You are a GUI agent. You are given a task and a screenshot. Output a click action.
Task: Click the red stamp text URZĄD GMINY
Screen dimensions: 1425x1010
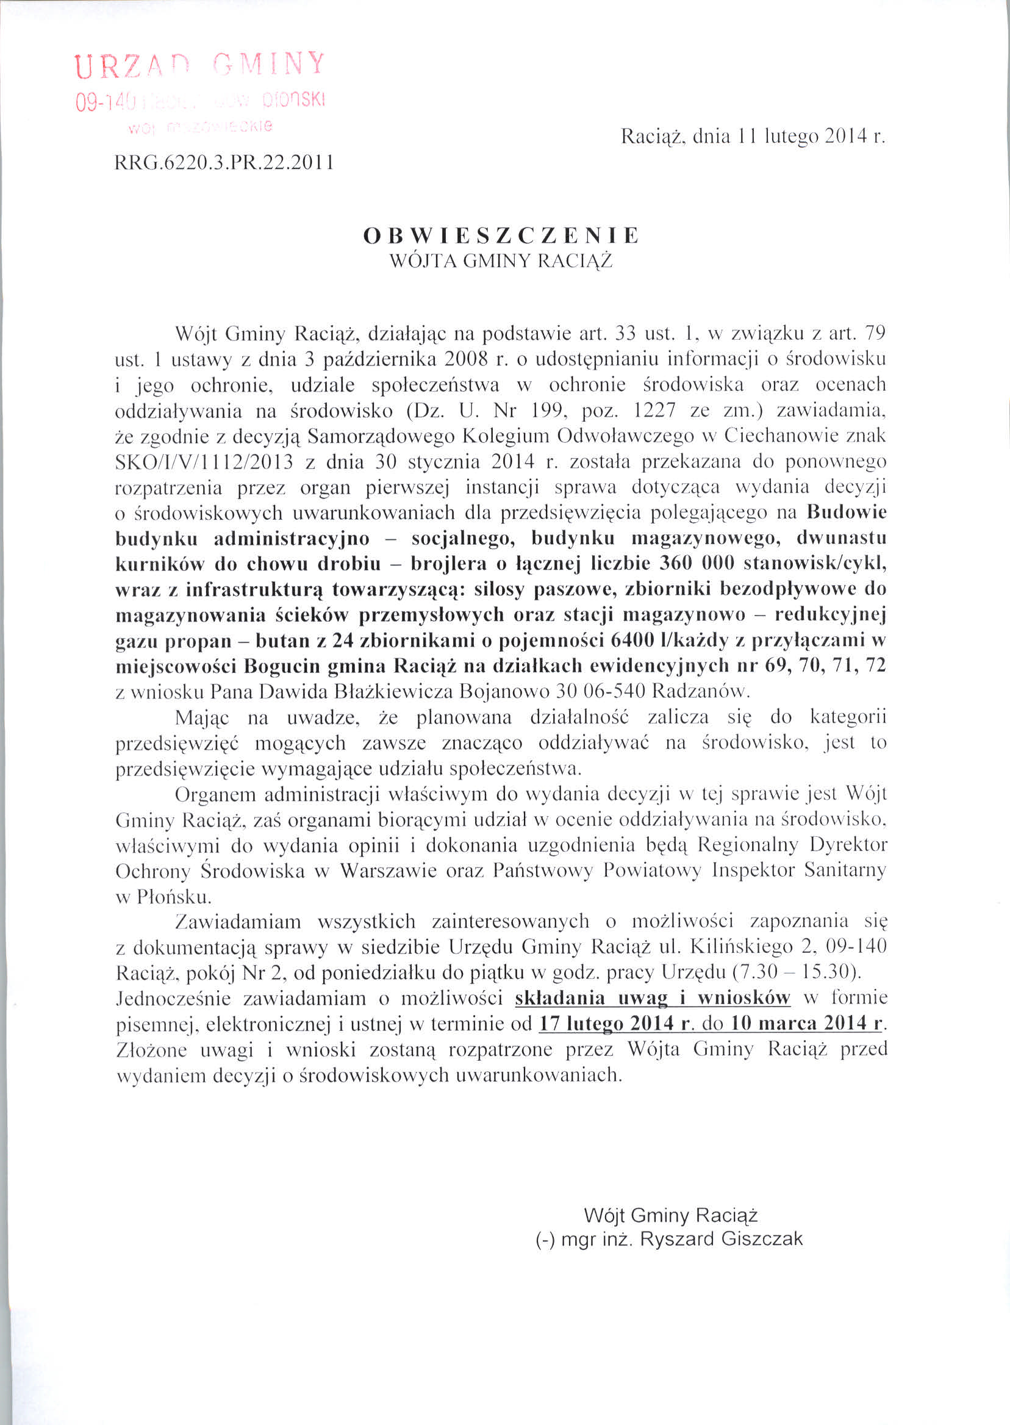coord(199,66)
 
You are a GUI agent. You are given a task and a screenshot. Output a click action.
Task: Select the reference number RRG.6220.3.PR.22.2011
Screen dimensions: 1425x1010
coord(224,163)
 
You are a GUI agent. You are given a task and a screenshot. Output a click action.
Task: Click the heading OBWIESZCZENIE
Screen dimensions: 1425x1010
coord(501,235)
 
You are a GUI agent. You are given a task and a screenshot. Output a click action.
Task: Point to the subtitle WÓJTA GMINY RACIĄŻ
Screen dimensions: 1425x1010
coord(501,261)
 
